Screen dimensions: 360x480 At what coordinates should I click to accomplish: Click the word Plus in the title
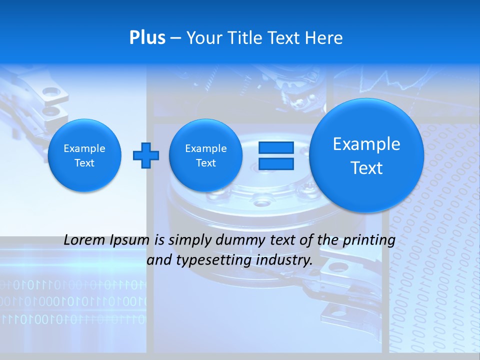(x=147, y=38)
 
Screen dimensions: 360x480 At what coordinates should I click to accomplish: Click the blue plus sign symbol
(x=146, y=155)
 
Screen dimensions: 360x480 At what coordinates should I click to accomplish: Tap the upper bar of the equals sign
(x=276, y=147)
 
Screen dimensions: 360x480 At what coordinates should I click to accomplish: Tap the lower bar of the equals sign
(x=276, y=164)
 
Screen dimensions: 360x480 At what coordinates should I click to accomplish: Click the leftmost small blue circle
(x=84, y=155)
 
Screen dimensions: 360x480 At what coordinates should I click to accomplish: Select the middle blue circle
(x=205, y=155)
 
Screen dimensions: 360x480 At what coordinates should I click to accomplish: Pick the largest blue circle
(x=366, y=155)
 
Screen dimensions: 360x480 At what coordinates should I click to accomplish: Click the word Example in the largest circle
(x=366, y=144)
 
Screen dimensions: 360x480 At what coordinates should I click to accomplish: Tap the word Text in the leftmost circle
(x=84, y=163)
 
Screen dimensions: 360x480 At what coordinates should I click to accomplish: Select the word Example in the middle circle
(x=205, y=148)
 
